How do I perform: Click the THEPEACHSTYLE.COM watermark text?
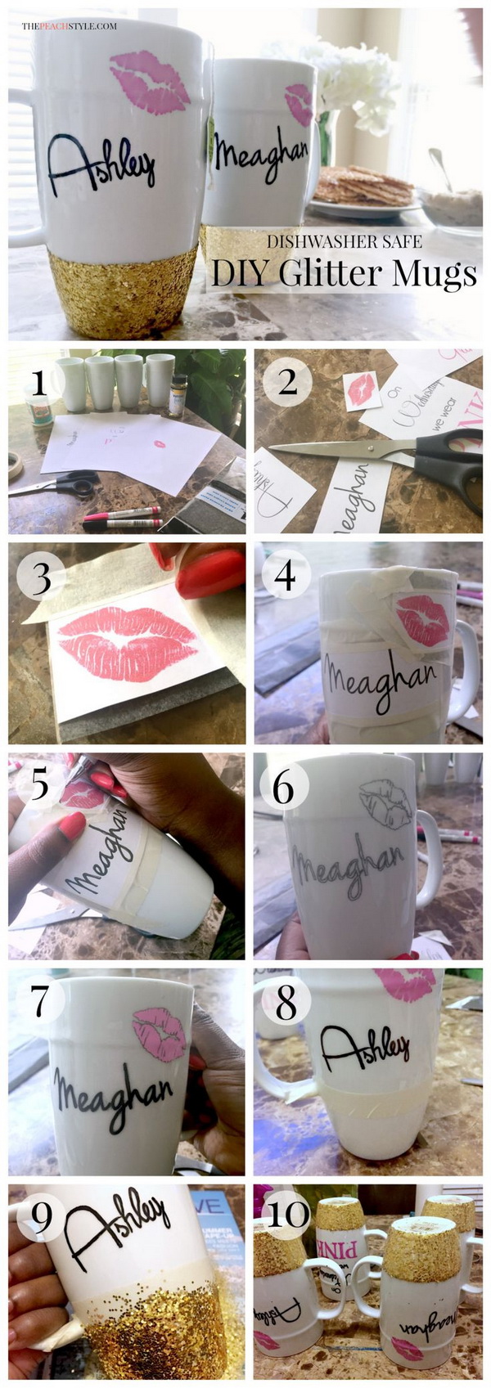[69, 26]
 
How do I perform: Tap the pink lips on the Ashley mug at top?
[150, 83]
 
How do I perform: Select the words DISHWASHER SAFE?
[345, 241]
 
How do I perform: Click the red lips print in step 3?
[127, 644]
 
